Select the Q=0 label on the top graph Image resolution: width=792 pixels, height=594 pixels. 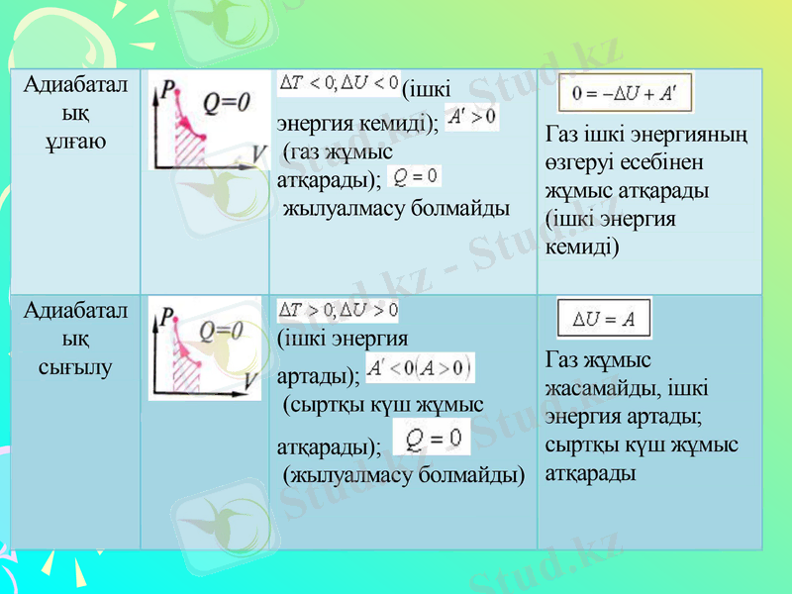pyautogui.click(x=229, y=102)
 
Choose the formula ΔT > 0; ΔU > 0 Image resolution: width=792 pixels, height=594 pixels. pyautogui.click(x=339, y=310)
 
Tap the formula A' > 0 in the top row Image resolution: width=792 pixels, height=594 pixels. pyautogui.click(x=471, y=119)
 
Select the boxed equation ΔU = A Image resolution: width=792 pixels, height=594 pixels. pyautogui.click(x=604, y=319)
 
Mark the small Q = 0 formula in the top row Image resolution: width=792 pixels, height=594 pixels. pyautogui.click(x=416, y=176)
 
